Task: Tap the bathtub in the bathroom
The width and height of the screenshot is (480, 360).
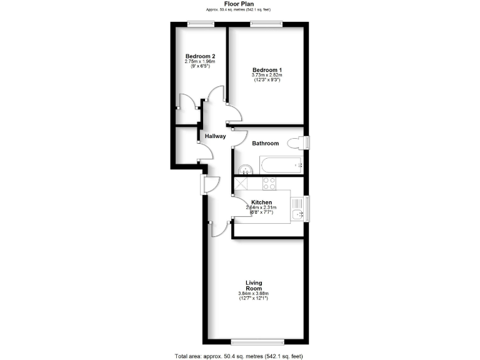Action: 281,166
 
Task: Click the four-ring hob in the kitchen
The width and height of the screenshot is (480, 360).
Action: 270,183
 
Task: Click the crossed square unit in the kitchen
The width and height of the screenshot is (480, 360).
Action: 241,183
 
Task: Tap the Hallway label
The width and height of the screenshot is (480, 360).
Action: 215,136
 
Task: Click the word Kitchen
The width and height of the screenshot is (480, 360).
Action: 261,202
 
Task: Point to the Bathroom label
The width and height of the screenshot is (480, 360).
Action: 265,144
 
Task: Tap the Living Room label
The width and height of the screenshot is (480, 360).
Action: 253,286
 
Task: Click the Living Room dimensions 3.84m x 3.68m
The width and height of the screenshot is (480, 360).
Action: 253,294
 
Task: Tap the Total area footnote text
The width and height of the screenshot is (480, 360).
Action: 239,356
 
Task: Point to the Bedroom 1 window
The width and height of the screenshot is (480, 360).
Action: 266,24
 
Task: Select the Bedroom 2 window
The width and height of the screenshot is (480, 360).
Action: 200,24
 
